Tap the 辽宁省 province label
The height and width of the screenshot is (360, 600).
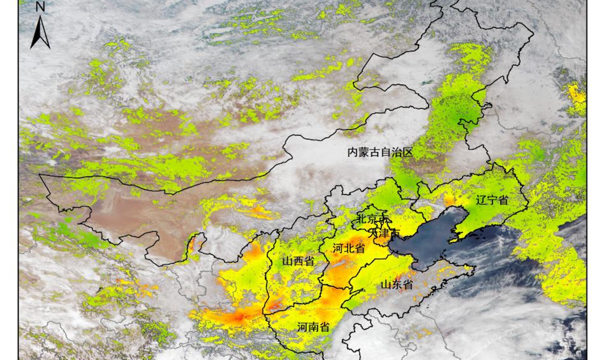pos(491,200)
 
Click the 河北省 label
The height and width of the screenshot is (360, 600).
pos(348,248)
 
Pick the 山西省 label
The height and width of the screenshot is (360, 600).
pos(298,261)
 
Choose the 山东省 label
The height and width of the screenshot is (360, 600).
pos(396,285)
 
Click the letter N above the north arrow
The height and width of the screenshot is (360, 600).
pos(40,7)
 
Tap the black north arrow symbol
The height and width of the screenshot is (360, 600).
pos(40,32)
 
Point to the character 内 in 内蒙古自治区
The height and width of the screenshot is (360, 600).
pos(353,152)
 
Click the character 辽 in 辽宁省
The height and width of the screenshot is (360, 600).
pos(481,200)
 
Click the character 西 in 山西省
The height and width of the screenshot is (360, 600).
pos(298,261)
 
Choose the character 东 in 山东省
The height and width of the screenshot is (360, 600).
pos(396,285)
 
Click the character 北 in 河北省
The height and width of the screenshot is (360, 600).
pos(348,248)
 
